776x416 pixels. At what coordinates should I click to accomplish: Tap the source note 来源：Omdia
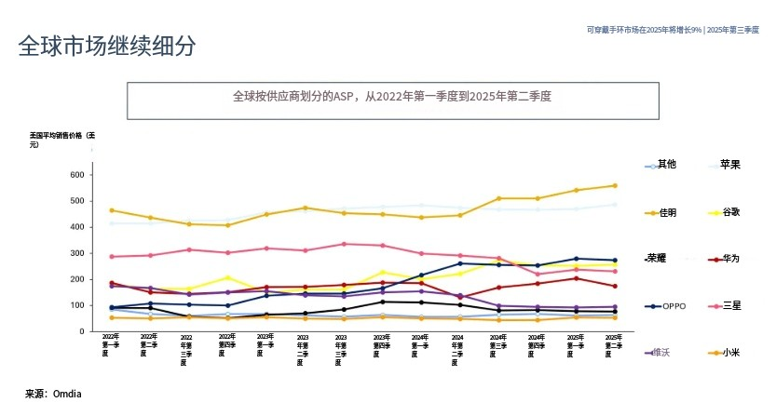click(53, 394)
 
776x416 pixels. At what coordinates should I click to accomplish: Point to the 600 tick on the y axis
click(76, 175)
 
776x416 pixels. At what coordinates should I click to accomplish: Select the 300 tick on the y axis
click(76, 253)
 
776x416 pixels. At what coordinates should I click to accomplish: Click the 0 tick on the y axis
click(82, 331)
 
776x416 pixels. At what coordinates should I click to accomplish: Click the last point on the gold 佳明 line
click(615, 185)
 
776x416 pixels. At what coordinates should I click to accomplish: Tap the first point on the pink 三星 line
click(112, 257)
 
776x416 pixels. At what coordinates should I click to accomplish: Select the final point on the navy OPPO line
click(615, 261)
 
